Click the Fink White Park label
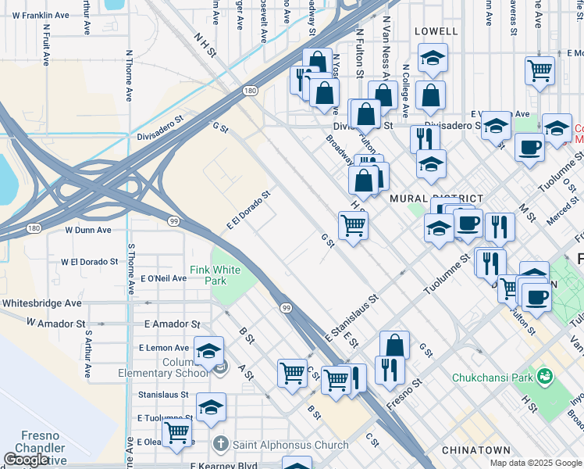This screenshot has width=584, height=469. tap(215, 276)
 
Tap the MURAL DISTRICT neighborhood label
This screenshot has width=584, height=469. tap(436, 199)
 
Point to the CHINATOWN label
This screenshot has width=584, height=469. tap(475, 450)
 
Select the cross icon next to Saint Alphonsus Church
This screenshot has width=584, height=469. tap(220, 445)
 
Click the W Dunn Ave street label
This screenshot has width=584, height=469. tap(88, 230)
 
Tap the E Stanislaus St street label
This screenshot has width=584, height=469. tap(351, 318)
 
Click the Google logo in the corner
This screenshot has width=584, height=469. tap(25, 460)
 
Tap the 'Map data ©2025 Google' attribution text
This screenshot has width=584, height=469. tap(535, 463)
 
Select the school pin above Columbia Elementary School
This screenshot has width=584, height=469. tap(209, 350)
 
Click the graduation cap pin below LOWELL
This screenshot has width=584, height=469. tap(431, 57)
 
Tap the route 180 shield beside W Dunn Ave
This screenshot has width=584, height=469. tap(32, 228)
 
